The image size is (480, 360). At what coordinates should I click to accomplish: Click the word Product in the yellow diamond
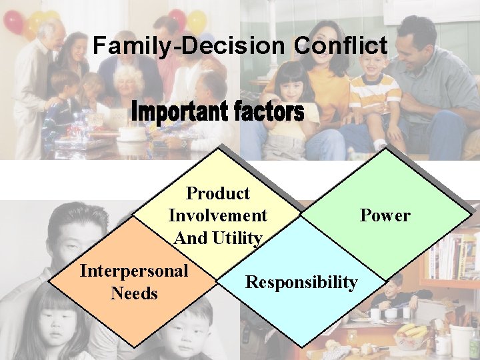click(218, 194)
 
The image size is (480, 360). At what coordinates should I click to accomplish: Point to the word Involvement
click(218, 216)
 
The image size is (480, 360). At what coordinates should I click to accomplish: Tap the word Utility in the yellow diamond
click(237, 238)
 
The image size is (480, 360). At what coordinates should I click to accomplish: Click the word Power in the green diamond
click(385, 215)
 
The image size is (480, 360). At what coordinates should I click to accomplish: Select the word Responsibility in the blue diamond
click(301, 282)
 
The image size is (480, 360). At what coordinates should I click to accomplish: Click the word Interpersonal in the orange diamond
click(134, 271)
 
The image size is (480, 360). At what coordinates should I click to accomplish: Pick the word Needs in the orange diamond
click(134, 293)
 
